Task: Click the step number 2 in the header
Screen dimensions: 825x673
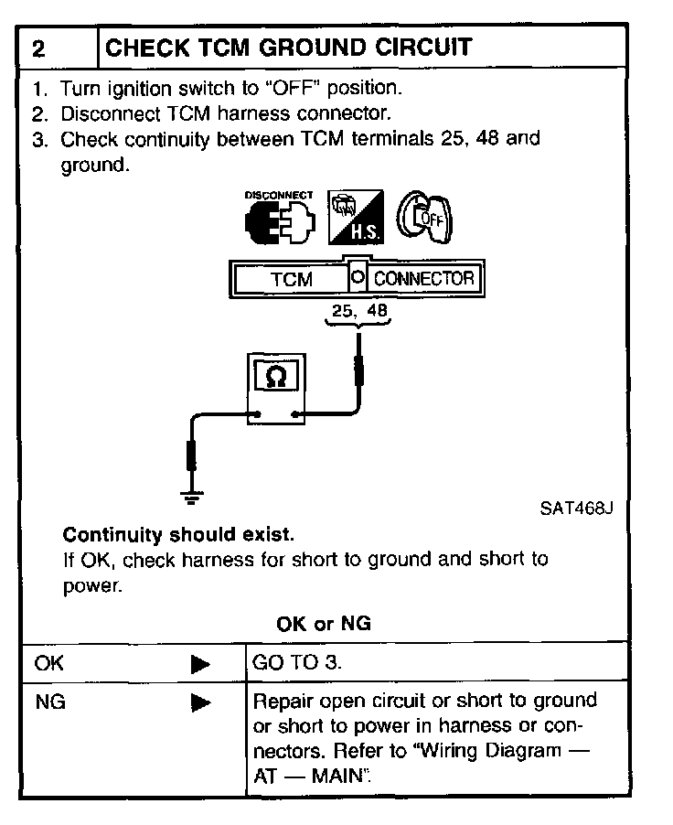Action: (x=39, y=48)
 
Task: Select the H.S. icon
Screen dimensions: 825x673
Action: (x=357, y=218)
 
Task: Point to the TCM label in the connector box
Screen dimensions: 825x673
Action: (x=292, y=279)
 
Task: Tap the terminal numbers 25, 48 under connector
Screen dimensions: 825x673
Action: (x=360, y=312)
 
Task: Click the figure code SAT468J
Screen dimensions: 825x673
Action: (x=576, y=509)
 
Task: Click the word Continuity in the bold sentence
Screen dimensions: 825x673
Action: (x=111, y=534)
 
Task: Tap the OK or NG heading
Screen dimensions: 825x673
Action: (x=324, y=624)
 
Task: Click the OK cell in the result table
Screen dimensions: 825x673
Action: (x=48, y=663)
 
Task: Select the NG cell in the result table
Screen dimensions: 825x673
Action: (x=48, y=702)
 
